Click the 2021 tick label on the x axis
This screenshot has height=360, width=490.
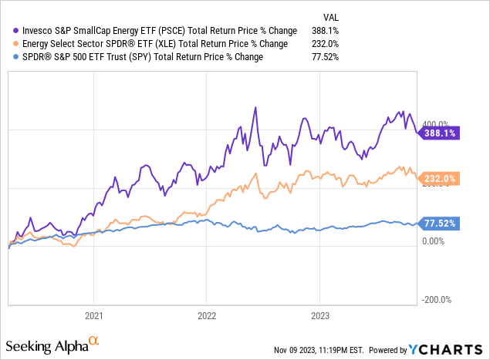pos(93,315)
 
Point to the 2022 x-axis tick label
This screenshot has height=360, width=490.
pos(206,315)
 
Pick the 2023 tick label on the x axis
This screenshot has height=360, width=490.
pos(319,315)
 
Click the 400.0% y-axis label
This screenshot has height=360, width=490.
pos(434,124)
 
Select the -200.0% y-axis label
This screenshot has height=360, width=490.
pos(434,300)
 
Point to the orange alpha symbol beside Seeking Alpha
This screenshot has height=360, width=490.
pos(93,339)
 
